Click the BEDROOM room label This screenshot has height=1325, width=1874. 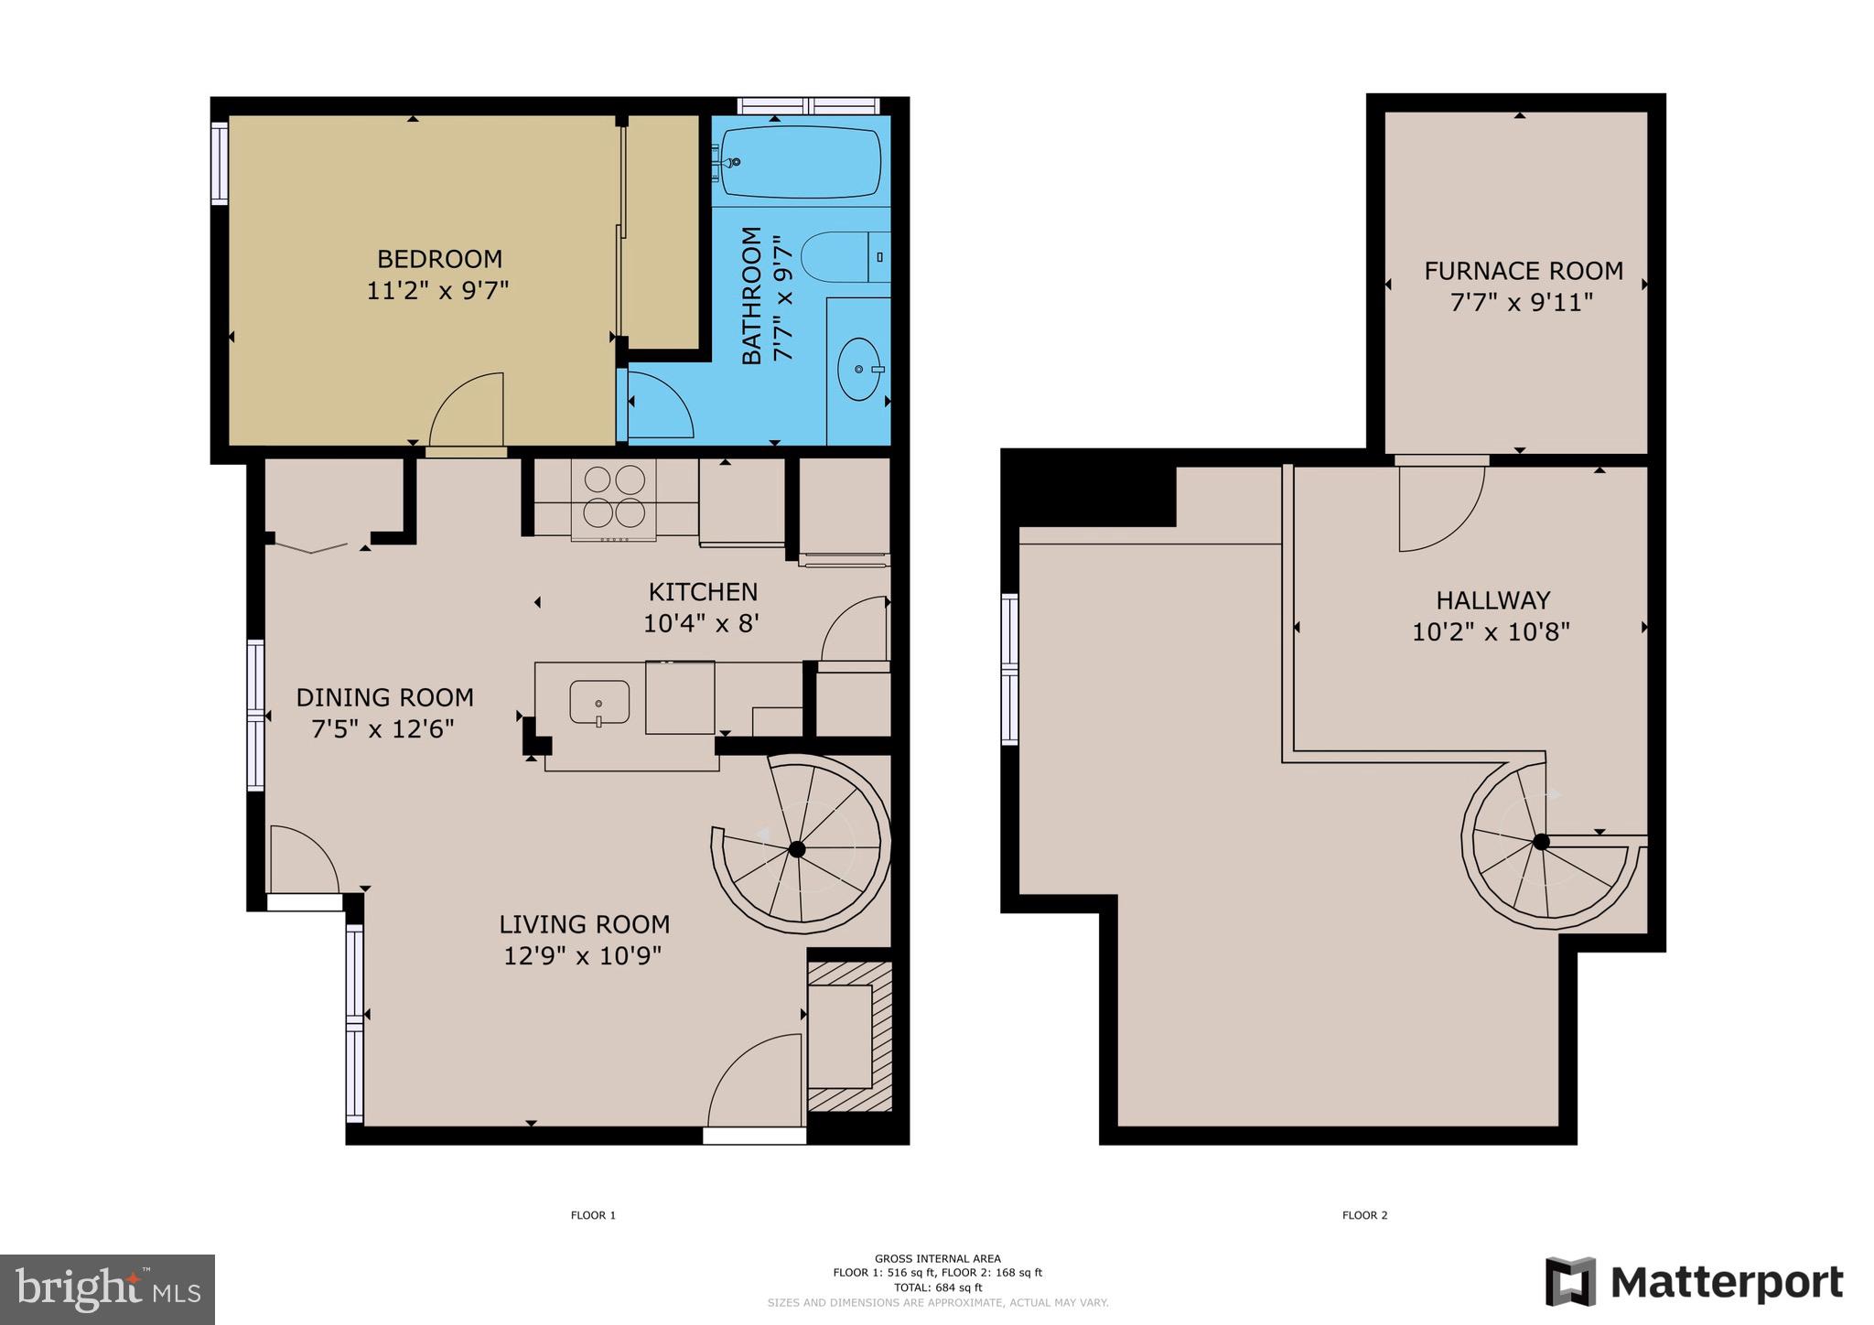click(439, 259)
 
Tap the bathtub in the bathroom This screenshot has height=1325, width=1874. click(802, 162)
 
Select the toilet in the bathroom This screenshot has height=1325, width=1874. click(837, 257)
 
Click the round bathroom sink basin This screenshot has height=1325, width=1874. click(858, 370)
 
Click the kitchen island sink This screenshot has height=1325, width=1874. click(599, 703)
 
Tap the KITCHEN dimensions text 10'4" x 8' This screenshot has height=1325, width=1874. click(702, 624)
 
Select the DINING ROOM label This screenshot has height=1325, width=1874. click(384, 697)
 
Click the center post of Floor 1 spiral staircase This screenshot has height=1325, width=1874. click(796, 849)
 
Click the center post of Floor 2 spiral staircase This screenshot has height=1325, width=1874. click(1541, 842)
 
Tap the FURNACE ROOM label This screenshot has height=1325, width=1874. click(1523, 271)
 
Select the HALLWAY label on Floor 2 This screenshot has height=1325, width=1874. click(1492, 600)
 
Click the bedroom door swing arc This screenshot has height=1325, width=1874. click(467, 409)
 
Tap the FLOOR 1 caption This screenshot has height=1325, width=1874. click(593, 1215)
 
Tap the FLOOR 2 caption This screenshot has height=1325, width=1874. click(1364, 1215)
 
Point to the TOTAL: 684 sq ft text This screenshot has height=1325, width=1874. click(937, 1287)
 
